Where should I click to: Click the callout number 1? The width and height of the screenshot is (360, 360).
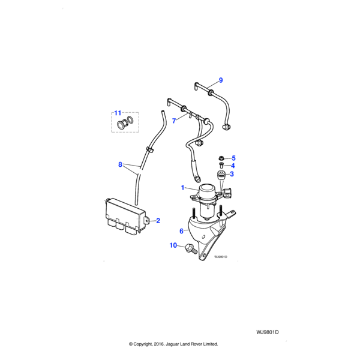[183, 188]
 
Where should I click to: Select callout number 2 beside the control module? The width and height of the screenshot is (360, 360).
[158, 221]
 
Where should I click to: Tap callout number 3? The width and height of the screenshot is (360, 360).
[233, 175]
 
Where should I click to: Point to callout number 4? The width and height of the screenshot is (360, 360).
[233, 166]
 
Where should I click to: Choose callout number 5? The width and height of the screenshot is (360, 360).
[233, 158]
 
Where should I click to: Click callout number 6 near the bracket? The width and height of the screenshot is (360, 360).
[181, 230]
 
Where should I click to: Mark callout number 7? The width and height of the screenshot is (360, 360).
[174, 121]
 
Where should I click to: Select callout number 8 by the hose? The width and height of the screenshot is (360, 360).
[120, 164]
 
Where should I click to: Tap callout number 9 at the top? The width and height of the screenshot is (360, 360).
[220, 80]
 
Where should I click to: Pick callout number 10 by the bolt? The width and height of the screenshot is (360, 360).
[174, 245]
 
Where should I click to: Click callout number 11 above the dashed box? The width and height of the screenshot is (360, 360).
[118, 113]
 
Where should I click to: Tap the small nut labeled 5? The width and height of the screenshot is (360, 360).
[221, 158]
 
